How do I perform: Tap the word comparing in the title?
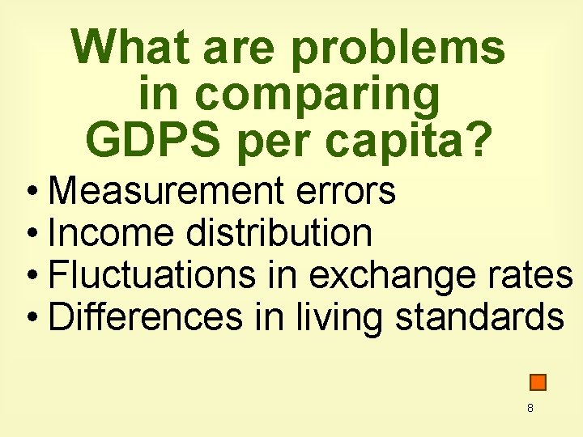pos(317,95)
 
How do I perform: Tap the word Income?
pos(111,234)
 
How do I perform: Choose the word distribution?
pos(279,234)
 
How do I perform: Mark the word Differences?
pos(145,318)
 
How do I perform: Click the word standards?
pos(479,318)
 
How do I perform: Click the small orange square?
pos(538,382)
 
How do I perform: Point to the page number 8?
pos(530,409)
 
